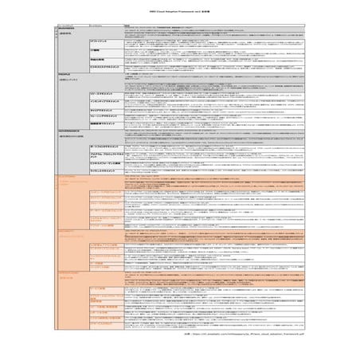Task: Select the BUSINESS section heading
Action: [68, 27]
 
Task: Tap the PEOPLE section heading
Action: [65, 73]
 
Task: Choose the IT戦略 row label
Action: [96, 49]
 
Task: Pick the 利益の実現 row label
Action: [98, 59]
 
